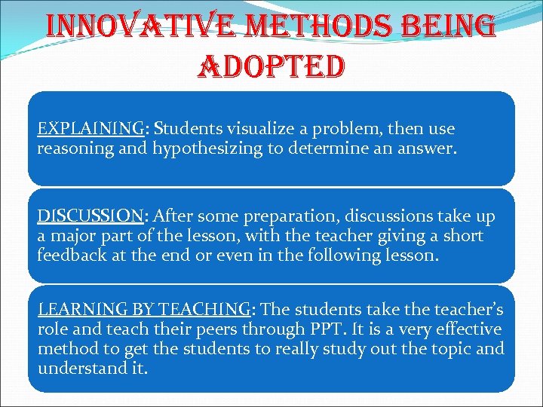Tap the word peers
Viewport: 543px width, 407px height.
(241, 329)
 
